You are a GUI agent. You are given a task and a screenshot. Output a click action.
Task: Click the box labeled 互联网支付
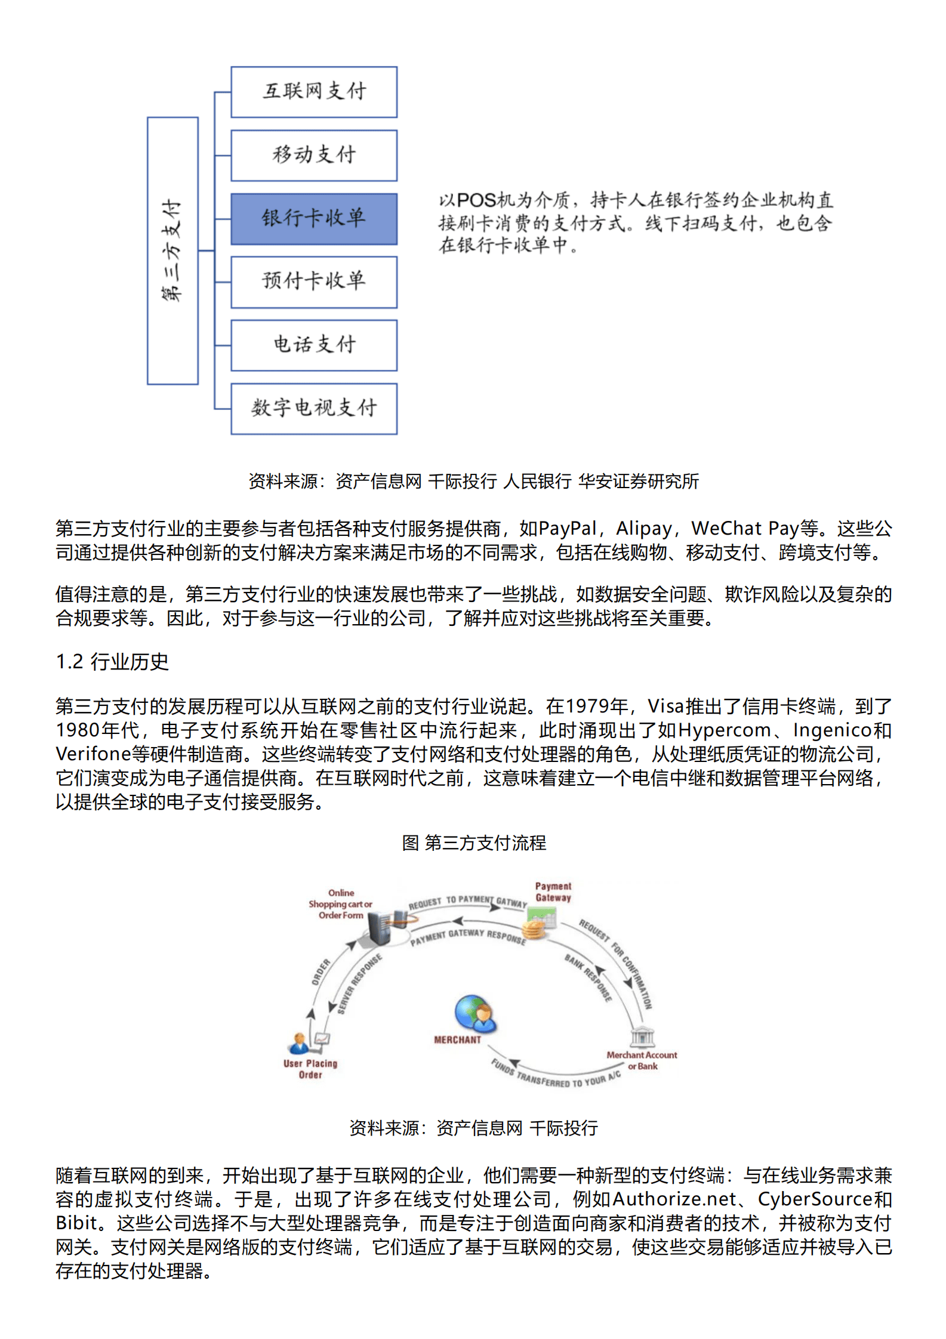point(314,92)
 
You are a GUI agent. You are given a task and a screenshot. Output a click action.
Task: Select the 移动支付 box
point(314,155)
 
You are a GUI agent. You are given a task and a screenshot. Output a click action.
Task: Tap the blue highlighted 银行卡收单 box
point(314,218)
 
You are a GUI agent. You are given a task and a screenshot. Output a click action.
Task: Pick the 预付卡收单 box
point(314,282)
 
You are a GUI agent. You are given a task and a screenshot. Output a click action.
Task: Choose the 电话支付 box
point(314,345)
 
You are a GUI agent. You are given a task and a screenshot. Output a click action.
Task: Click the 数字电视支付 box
point(314,408)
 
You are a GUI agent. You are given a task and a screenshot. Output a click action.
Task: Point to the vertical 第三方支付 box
point(172,251)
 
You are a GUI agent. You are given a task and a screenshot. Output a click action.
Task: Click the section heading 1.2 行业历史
point(112,662)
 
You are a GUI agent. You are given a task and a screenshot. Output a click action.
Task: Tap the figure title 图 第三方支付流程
point(474,843)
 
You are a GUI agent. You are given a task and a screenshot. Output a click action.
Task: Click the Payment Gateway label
point(553,892)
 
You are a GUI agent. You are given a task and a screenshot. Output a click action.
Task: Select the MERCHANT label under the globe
point(457,1039)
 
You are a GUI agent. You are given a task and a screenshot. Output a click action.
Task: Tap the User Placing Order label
point(310,1069)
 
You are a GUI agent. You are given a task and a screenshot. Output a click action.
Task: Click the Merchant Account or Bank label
point(642,1060)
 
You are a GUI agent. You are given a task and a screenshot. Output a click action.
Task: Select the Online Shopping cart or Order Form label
point(341,904)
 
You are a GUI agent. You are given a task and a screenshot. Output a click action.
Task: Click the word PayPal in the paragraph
point(567,529)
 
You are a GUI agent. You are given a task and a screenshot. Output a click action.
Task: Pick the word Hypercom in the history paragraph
point(725,730)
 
